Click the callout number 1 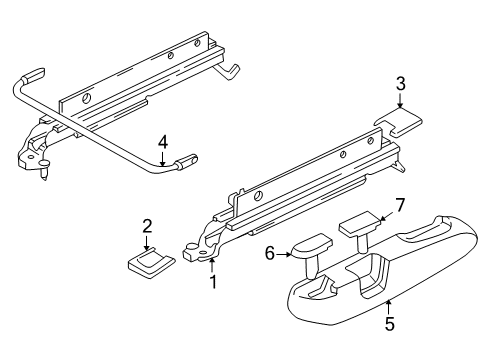213,282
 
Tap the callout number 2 147,226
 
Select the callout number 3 401,84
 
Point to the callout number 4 163,142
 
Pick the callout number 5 389,324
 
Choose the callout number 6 269,254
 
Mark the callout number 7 399,205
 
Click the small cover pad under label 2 151,263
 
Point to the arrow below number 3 400,100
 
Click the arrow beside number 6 284,254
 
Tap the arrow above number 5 388,307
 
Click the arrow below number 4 162,159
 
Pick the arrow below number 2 147,243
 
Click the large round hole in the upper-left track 86,98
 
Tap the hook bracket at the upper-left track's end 229,71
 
